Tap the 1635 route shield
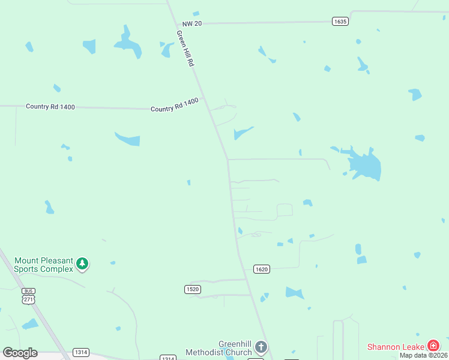click(x=340, y=22)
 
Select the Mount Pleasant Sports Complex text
click(x=43, y=265)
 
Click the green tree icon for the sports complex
click(x=82, y=263)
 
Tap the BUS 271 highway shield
click(x=29, y=295)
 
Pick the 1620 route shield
click(x=261, y=269)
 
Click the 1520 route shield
click(x=192, y=289)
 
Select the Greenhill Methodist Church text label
click(x=218, y=348)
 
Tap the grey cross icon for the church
click(x=261, y=347)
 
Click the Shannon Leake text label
click(x=395, y=346)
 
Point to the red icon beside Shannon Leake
click(x=433, y=346)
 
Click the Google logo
click(x=20, y=352)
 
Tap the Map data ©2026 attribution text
click(x=424, y=355)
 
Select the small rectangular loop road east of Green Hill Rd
click(x=285, y=210)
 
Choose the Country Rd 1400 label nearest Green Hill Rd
click(x=174, y=106)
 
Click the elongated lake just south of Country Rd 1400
click(x=128, y=139)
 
